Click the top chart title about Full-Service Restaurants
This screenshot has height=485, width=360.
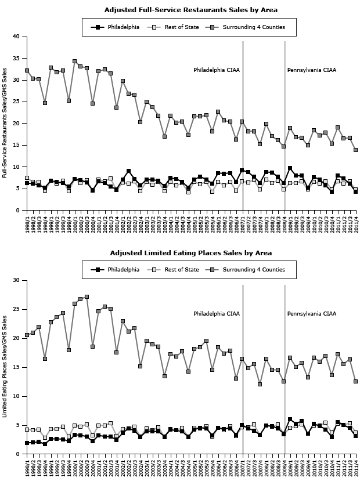(190, 10)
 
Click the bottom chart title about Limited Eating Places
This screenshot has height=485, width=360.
(190, 253)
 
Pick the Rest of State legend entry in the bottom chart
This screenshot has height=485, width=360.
(179, 270)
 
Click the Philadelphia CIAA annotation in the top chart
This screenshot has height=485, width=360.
(217, 70)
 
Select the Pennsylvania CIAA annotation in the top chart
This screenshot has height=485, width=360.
(312, 70)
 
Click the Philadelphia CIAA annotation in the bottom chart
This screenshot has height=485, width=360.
(217, 314)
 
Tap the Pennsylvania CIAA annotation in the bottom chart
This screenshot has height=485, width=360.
(312, 314)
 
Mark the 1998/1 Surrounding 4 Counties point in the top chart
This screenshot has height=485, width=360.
(27, 71)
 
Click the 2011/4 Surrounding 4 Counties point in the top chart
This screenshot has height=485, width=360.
(355, 150)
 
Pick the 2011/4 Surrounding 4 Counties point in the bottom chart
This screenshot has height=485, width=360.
(355, 381)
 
